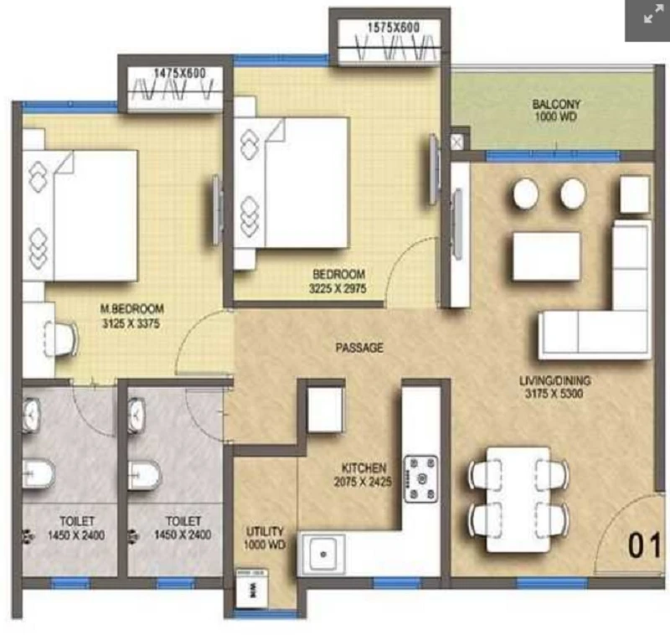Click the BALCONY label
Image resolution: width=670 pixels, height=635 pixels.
pos(556,104)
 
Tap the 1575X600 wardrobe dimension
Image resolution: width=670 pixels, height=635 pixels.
pos(394,28)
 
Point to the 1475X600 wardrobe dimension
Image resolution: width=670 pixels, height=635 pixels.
pos(180,73)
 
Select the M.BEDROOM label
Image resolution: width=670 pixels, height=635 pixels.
pos(132,308)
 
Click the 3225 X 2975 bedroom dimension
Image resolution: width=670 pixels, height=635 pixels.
pos(338,288)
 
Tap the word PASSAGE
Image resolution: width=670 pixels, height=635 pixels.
pos(359,348)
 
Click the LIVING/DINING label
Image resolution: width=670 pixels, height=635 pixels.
pos(554,379)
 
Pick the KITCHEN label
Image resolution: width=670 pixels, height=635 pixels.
pos(364,468)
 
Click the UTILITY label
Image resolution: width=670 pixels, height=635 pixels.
pos(265,531)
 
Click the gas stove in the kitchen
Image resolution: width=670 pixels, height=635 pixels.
pos(421,478)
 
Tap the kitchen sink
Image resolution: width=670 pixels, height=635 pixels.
pos(322,555)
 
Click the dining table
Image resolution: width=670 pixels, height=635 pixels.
pos(518,499)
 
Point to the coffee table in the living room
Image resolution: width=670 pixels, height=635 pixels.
pos(547,256)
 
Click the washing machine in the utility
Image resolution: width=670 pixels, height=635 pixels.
pos(252,587)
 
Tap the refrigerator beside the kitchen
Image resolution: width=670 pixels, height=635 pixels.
pos(325,410)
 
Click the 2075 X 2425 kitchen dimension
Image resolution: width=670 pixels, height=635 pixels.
pos(363,482)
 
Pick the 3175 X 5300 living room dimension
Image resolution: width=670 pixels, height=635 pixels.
pos(554,394)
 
